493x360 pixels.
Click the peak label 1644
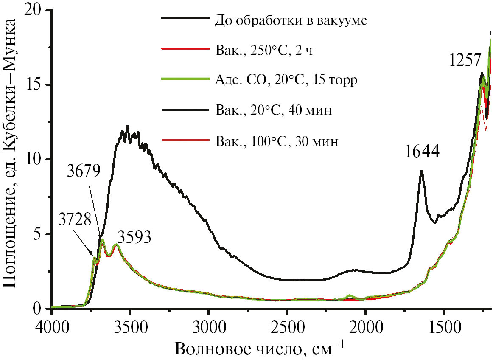422,152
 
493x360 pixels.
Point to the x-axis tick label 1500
444,325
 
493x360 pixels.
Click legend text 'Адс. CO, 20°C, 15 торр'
284,80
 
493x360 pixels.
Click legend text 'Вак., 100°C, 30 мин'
277,141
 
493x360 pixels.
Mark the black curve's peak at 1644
421,172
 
